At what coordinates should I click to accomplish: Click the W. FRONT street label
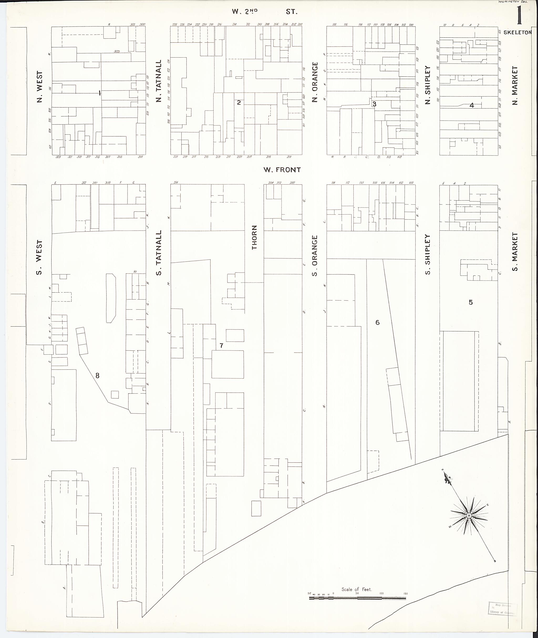282,170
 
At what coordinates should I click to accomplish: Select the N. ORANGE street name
315,82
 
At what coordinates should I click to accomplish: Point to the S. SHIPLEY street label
428,254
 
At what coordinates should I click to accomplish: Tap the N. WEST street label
40,87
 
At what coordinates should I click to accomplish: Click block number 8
98,376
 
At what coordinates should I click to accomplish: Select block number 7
221,346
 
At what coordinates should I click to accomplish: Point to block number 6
377,322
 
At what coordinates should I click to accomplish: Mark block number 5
470,302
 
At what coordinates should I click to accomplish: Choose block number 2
239,103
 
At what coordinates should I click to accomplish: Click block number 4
472,106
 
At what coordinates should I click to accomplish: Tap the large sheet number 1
519,16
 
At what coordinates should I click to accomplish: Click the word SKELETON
517,32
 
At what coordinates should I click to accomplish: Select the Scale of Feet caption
356,589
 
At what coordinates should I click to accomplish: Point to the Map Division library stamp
503,609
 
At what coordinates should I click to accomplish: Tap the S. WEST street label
39,257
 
